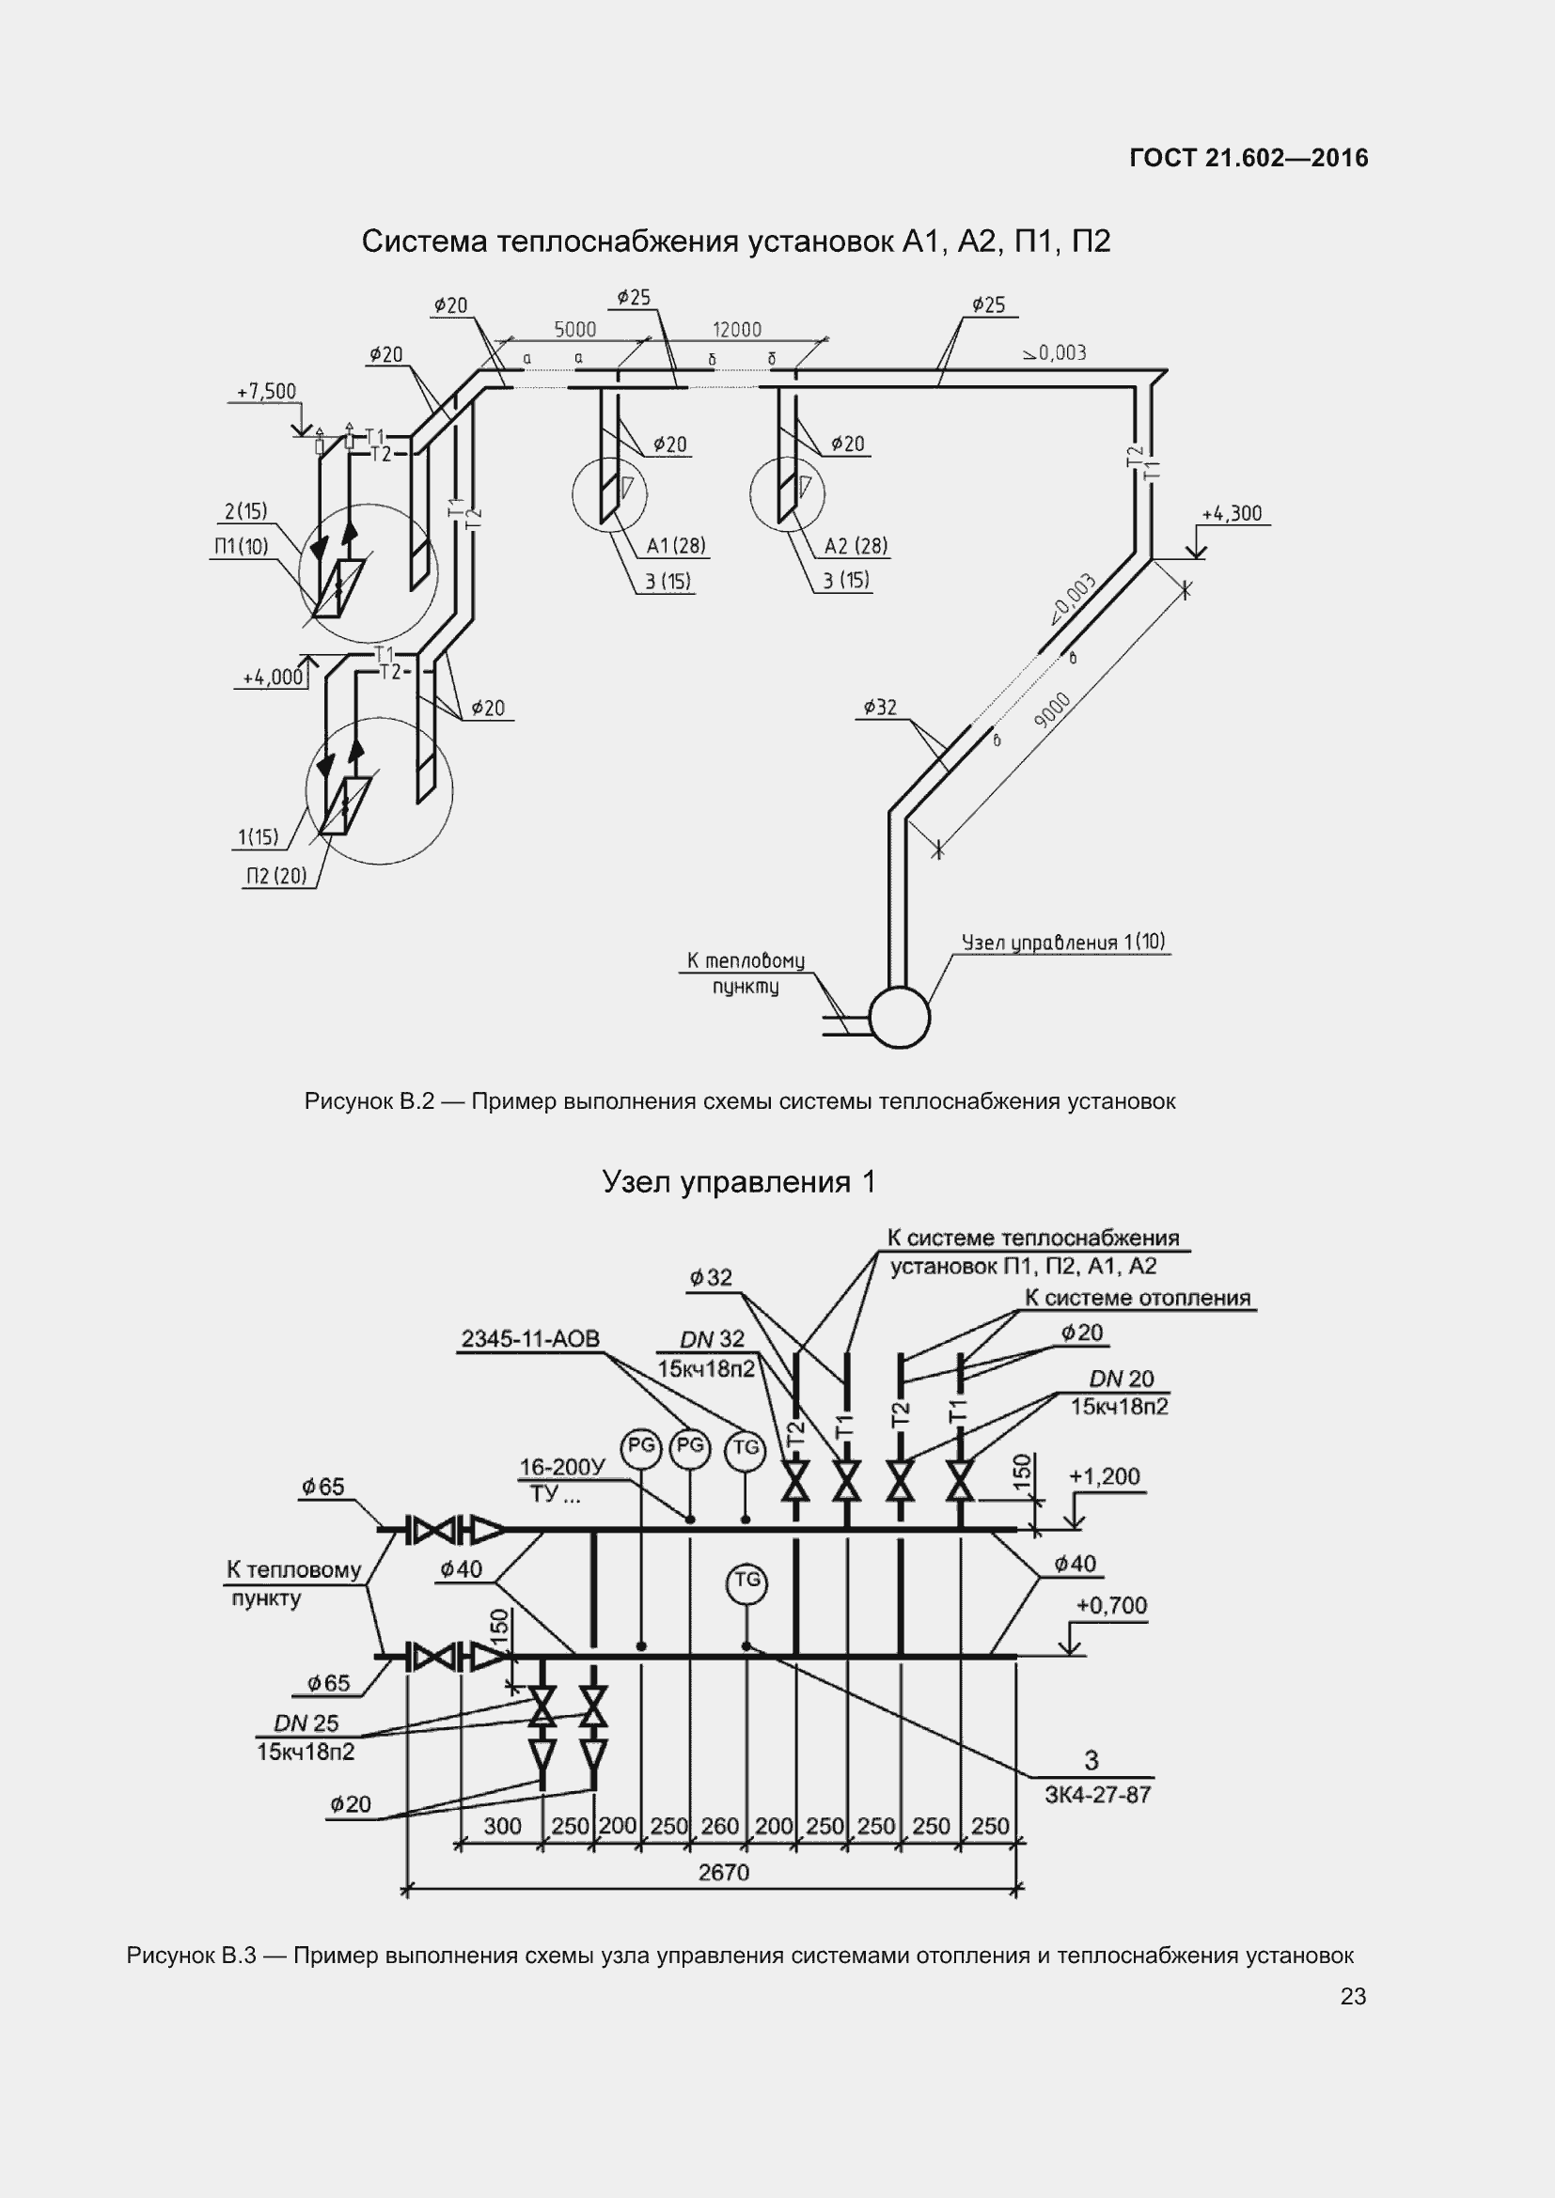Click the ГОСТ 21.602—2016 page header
coord(1249,158)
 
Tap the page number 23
coord(1353,1996)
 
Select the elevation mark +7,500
coord(266,392)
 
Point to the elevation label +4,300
coord(1233,514)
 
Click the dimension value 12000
coord(736,330)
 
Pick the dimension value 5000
coord(574,330)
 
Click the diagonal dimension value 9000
coord(1053,709)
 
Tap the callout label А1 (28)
coord(676,547)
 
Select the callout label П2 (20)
coord(275,876)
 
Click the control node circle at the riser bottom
coord(898,1017)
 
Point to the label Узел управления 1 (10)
coord(1063,942)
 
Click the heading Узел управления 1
coord(738,1182)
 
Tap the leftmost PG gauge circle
coord(640,1446)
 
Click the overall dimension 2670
coord(723,1872)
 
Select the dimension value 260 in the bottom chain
coord(720,1826)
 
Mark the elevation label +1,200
coord(1104,1477)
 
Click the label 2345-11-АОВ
coord(530,1338)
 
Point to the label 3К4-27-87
coord(1097,1795)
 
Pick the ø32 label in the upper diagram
coord(880,708)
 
